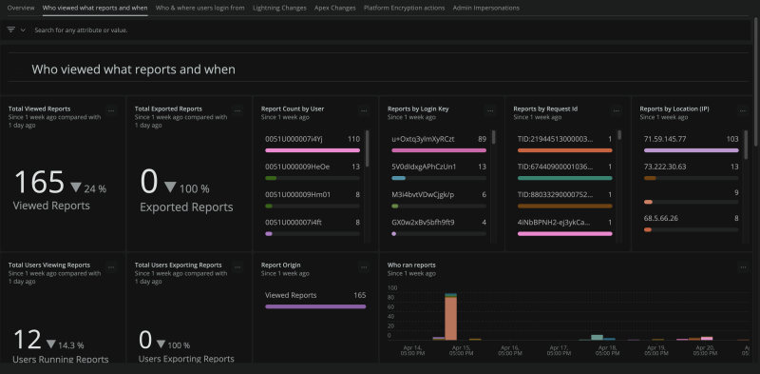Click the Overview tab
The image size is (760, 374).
[x=21, y=7]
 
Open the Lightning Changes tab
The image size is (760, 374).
[x=280, y=7]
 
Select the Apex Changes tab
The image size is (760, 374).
[x=335, y=7]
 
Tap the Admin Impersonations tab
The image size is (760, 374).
[x=486, y=7]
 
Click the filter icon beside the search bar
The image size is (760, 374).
[x=11, y=30]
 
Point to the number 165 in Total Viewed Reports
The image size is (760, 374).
[x=39, y=184]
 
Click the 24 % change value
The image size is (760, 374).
[x=95, y=188]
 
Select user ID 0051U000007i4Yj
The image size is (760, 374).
[x=294, y=139]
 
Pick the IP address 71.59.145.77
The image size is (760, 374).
[x=665, y=139]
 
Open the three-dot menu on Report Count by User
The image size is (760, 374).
[x=364, y=111]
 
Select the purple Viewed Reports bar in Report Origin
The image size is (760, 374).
[x=313, y=306]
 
